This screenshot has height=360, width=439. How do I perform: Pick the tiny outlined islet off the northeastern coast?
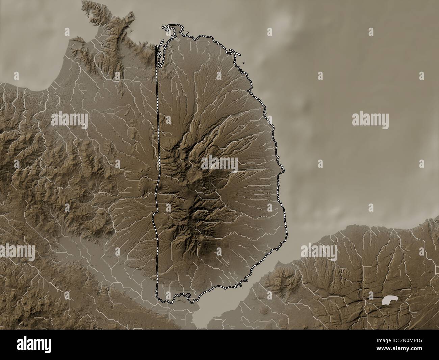click(243, 63)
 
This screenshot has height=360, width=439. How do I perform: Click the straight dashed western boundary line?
click(158, 135)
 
